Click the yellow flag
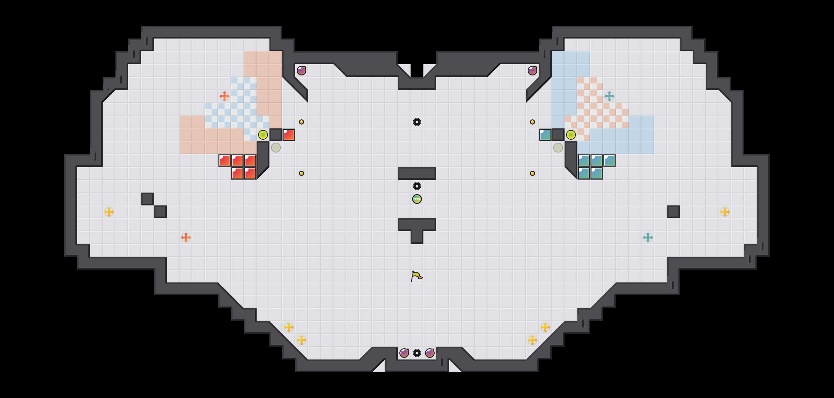[x=416, y=276]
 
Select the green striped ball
[x=417, y=199]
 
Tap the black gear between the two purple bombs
[x=417, y=353]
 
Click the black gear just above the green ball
[x=417, y=186]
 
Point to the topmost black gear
[x=417, y=122]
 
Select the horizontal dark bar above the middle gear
[x=417, y=173]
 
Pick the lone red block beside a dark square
[x=288, y=135]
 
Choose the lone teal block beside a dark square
[x=545, y=135]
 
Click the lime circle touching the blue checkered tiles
[x=263, y=135]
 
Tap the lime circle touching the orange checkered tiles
[x=571, y=135]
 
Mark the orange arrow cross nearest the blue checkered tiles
[x=224, y=96]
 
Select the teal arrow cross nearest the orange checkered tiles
[x=609, y=96]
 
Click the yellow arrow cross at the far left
[x=109, y=212]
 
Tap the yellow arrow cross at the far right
[x=725, y=212]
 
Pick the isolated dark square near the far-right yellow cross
[x=673, y=212]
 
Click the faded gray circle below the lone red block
[x=276, y=148]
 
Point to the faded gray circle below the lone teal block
[x=558, y=148]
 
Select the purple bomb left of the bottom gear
[x=404, y=353]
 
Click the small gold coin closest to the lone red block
[x=302, y=122]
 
